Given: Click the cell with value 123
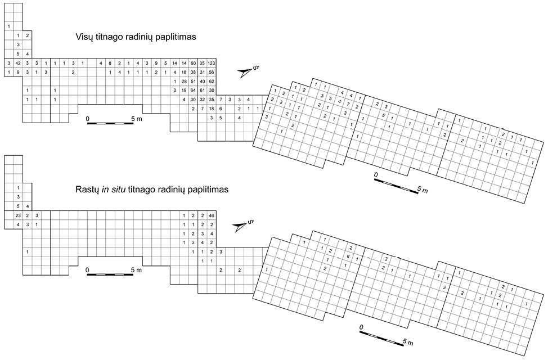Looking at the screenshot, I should click(212, 62).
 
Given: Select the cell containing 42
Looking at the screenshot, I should click(18, 62).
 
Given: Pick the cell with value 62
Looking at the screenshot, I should click(212, 81).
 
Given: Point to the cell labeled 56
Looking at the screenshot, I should click(212, 72).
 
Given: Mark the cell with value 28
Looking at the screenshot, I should click(184, 81).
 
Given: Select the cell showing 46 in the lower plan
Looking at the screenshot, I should click(212, 215).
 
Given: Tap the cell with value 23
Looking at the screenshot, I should click(18, 215).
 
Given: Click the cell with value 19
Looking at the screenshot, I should click(184, 90).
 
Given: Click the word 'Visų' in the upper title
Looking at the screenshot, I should click(84, 37).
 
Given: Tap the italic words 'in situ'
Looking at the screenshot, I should click(114, 190).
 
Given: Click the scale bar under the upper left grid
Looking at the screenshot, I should click(110, 122).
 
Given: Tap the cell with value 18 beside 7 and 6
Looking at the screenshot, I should click(212, 109).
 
